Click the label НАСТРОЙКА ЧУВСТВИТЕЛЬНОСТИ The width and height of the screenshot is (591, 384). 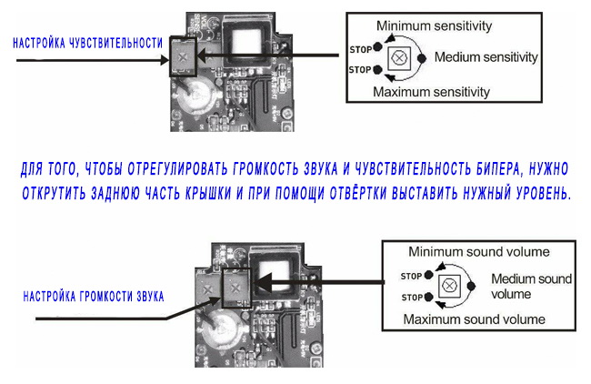[87, 43]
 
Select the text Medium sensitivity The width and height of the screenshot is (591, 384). [486, 57]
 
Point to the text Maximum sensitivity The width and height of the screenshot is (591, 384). [432, 91]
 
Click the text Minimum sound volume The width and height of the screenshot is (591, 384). [478, 251]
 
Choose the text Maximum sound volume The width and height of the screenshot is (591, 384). [475, 319]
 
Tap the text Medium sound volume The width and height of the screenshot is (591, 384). [518, 286]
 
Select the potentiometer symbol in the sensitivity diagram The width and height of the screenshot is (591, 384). [398, 57]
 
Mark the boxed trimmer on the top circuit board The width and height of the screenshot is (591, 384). [185, 56]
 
